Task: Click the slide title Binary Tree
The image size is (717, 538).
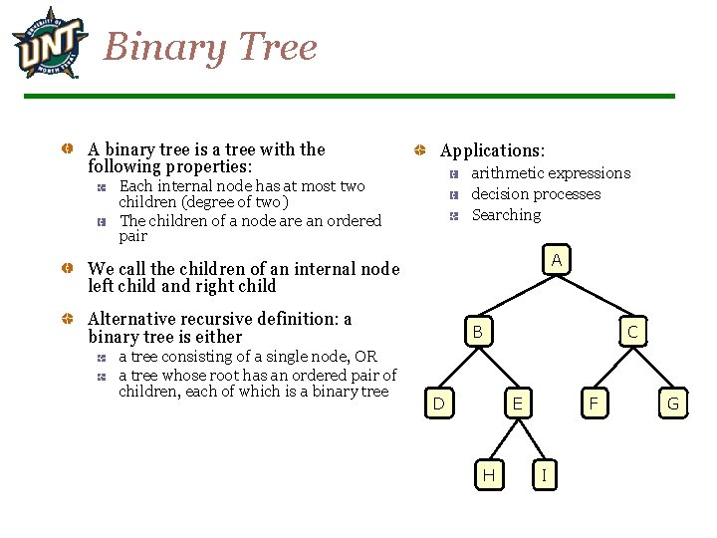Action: click(210, 47)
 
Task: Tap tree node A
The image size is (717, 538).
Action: click(557, 260)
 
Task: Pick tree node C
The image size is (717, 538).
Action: click(631, 332)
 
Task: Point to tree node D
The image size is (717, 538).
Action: click(438, 403)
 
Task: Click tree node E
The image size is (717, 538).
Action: click(516, 403)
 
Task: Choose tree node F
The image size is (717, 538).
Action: click(595, 403)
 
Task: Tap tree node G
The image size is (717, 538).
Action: click(672, 403)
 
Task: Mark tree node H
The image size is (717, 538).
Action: click(488, 475)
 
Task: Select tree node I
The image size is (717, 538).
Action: click(543, 475)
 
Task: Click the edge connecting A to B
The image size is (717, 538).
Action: click(518, 295)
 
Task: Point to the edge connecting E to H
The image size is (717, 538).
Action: click(503, 439)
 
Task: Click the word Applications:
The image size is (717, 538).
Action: click(492, 150)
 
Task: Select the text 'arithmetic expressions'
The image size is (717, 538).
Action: click(550, 173)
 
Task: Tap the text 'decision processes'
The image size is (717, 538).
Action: click(536, 194)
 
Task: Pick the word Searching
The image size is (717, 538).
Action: click(506, 215)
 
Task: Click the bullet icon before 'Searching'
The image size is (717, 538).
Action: click(452, 215)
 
